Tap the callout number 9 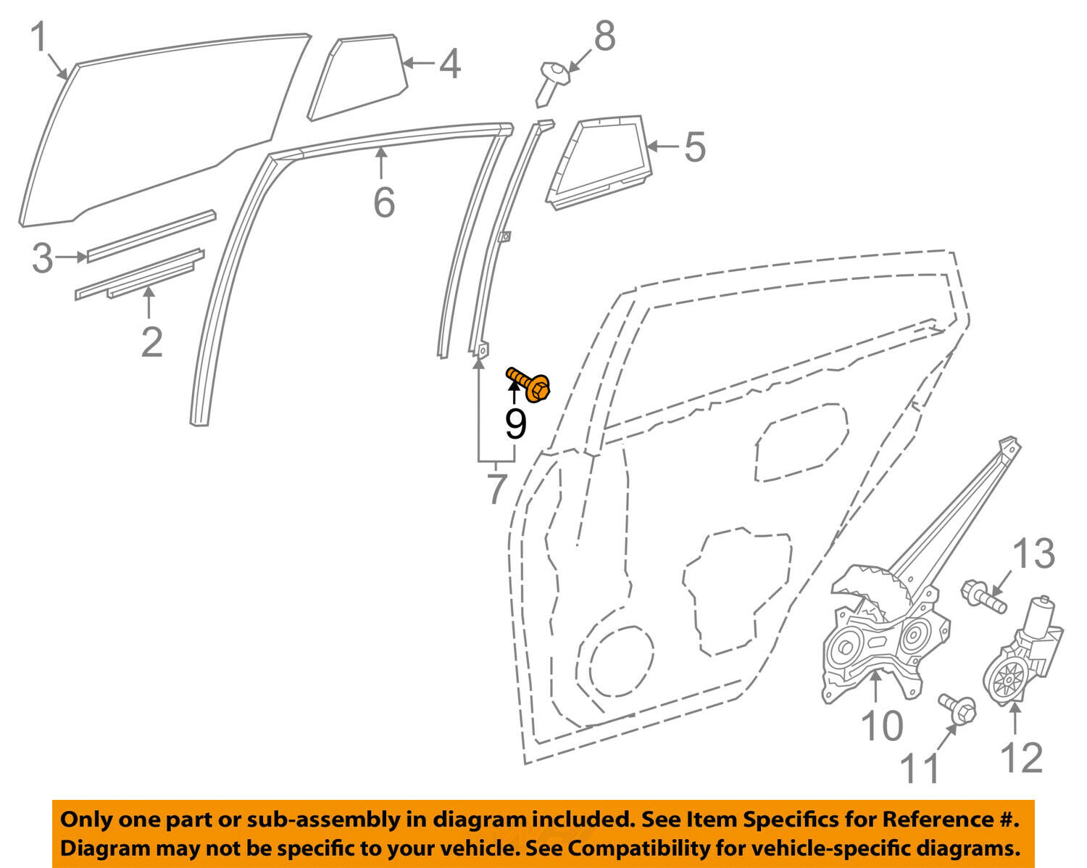coord(516,425)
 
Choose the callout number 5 coord(694,146)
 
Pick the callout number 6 coord(384,202)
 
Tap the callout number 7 coord(497,489)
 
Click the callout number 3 coord(43,258)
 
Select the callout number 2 coord(151,342)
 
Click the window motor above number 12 coord(1022,652)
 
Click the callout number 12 coord(1021,758)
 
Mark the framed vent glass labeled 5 coord(599,162)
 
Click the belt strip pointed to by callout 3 coord(151,236)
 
